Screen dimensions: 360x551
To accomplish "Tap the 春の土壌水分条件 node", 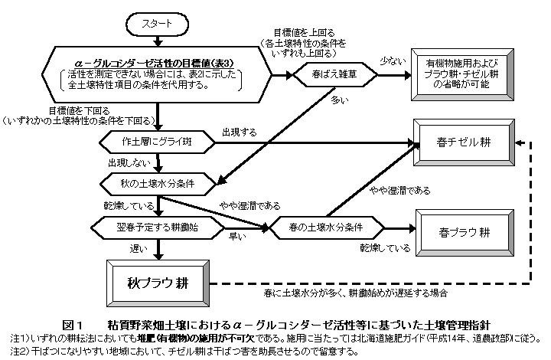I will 325,227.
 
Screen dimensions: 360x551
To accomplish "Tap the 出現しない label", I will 126,163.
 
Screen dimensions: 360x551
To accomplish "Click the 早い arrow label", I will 237,237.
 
